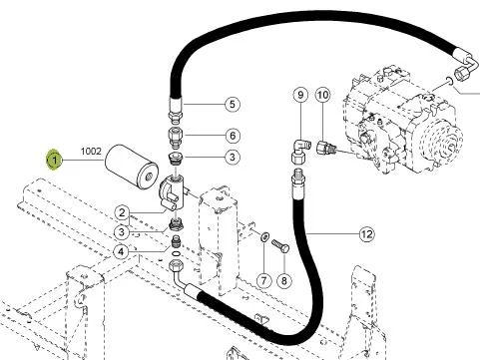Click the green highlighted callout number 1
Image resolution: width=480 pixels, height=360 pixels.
[54, 161]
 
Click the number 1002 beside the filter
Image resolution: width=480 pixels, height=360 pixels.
[91, 152]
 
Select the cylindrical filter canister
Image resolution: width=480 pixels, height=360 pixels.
[132, 167]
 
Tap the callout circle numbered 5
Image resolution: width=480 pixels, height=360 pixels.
[233, 104]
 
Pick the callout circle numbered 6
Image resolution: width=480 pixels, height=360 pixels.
[233, 136]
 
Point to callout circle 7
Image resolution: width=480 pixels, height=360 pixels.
[263, 280]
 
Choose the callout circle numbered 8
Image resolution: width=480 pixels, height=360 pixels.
[283, 280]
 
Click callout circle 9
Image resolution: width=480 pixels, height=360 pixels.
[300, 95]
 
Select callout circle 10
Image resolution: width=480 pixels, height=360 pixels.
[322, 95]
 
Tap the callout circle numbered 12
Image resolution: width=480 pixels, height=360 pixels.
[366, 234]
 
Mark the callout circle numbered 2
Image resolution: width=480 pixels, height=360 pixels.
[122, 212]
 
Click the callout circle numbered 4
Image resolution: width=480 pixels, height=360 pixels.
[121, 251]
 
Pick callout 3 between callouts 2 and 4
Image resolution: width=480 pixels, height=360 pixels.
[122, 232]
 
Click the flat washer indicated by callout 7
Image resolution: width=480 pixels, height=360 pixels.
[264, 236]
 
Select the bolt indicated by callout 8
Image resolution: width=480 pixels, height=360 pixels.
[280, 246]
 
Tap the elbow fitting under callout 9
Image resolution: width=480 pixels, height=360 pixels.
[301, 152]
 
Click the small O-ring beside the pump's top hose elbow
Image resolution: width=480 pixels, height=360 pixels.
[449, 80]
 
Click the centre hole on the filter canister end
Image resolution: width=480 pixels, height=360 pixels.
[148, 177]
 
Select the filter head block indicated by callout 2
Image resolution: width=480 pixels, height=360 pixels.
[172, 193]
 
